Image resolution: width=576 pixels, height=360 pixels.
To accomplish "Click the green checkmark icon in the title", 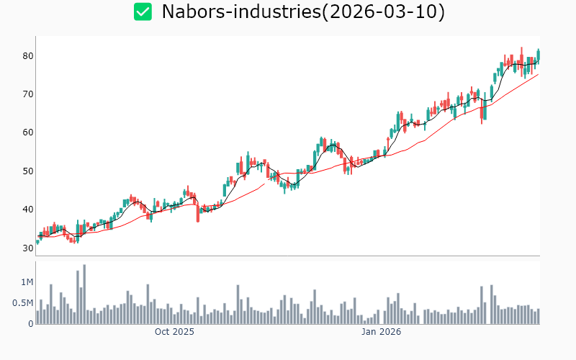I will click(x=143, y=12).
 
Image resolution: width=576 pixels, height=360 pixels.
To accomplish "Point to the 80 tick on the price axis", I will click(x=27, y=56).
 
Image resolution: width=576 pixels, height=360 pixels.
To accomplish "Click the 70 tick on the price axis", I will click(x=27, y=94).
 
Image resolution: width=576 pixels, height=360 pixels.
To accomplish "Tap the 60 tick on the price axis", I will click(x=27, y=132).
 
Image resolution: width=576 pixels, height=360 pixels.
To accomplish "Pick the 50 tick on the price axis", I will click(x=27, y=171).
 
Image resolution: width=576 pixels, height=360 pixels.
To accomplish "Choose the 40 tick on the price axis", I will click(x=27, y=210).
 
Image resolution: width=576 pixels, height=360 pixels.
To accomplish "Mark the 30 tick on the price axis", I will click(x=27, y=248).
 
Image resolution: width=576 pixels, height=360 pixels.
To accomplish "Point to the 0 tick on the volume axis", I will click(x=30, y=324).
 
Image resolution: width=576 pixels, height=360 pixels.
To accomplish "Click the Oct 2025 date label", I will click(x=174, y=333).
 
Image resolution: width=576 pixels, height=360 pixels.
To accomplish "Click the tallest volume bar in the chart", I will click(x=84, y=294).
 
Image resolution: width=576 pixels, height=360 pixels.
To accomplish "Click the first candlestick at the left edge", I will click(x=37, y=242).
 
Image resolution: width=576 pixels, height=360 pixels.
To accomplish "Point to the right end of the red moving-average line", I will click(x=538, y=74).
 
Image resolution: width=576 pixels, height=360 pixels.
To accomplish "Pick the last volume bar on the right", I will click(x=538, y=316).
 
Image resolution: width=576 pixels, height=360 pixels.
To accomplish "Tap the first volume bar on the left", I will click(x=37, y=318).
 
